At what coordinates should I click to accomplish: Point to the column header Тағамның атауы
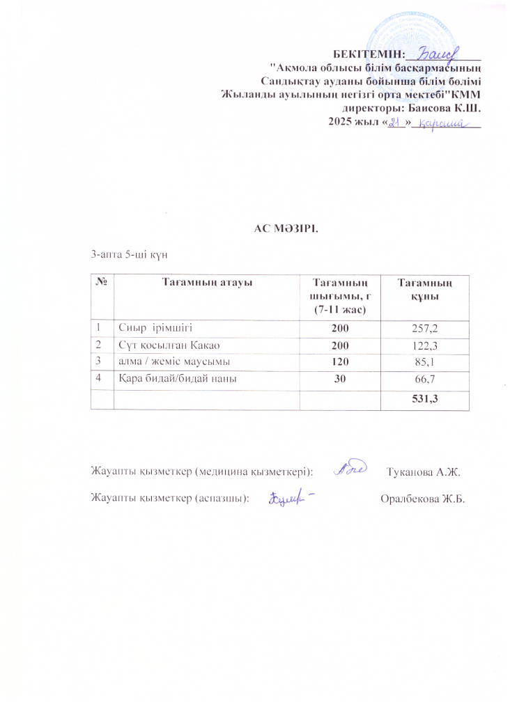(206, 282)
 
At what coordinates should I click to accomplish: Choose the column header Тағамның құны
(424, 288)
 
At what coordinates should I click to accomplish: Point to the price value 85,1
(424, 361)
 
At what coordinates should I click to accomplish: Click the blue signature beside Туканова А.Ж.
(348, 471)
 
